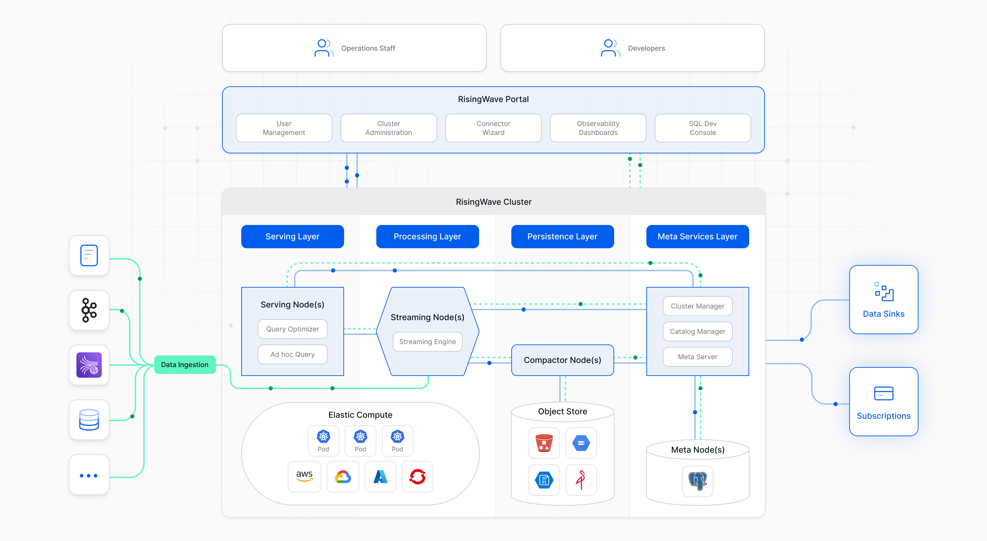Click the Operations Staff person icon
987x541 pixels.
click(x=324, y=48)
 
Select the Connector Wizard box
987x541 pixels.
click(x=493, y=128)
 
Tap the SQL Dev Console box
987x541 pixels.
click(x=702, y=128)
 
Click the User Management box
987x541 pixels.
click(x=283, y=128)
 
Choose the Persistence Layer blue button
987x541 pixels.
click(x=562, y=236)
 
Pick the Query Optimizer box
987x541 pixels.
click(x=292, y=329)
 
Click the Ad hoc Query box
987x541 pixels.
click(x=292, y=354)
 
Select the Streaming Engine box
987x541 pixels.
click(x=427, y=341)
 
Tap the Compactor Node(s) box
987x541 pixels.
click(x=562, y=360)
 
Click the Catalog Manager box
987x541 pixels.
click(x=697, y=331)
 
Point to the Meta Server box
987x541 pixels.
click(x=697, y=356)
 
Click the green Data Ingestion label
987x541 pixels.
click(x=185, y=365)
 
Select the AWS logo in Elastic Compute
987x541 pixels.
click(x=304, y=476)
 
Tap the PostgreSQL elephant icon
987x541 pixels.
click(x=697, y=481)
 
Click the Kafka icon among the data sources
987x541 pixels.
click(x=89, y=310)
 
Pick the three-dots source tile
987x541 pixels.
click(x=89, y=475)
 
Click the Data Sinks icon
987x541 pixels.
click(x=884, y=292)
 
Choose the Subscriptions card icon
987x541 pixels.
click(x=884, y=393)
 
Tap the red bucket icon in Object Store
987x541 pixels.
click(x=544, y=443)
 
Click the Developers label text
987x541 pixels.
click(x=646, y=48)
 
